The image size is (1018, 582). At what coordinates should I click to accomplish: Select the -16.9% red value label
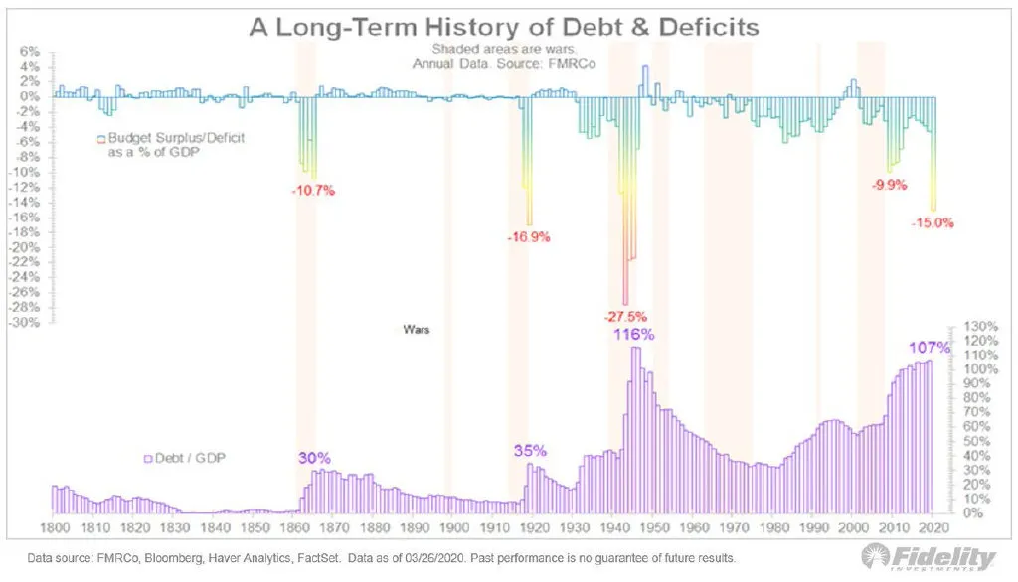[x=529, y=237]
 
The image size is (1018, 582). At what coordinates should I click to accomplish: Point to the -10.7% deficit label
[x=314, y=190]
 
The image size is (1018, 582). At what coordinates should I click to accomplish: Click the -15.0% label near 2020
[x=932, y=223]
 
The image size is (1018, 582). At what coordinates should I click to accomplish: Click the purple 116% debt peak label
[x=633, y=334]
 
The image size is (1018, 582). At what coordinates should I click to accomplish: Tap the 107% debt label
[x=930, y=349]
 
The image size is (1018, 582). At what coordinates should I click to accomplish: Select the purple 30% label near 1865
[x=313, y=458]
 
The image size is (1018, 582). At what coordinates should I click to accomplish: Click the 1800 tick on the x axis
[x=54, y=528]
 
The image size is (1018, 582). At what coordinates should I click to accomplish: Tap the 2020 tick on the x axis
[x=934, y=528]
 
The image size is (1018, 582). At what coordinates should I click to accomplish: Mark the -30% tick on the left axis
[x=26, y=323]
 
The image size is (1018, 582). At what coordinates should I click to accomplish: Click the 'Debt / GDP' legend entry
[x=189, y=459]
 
